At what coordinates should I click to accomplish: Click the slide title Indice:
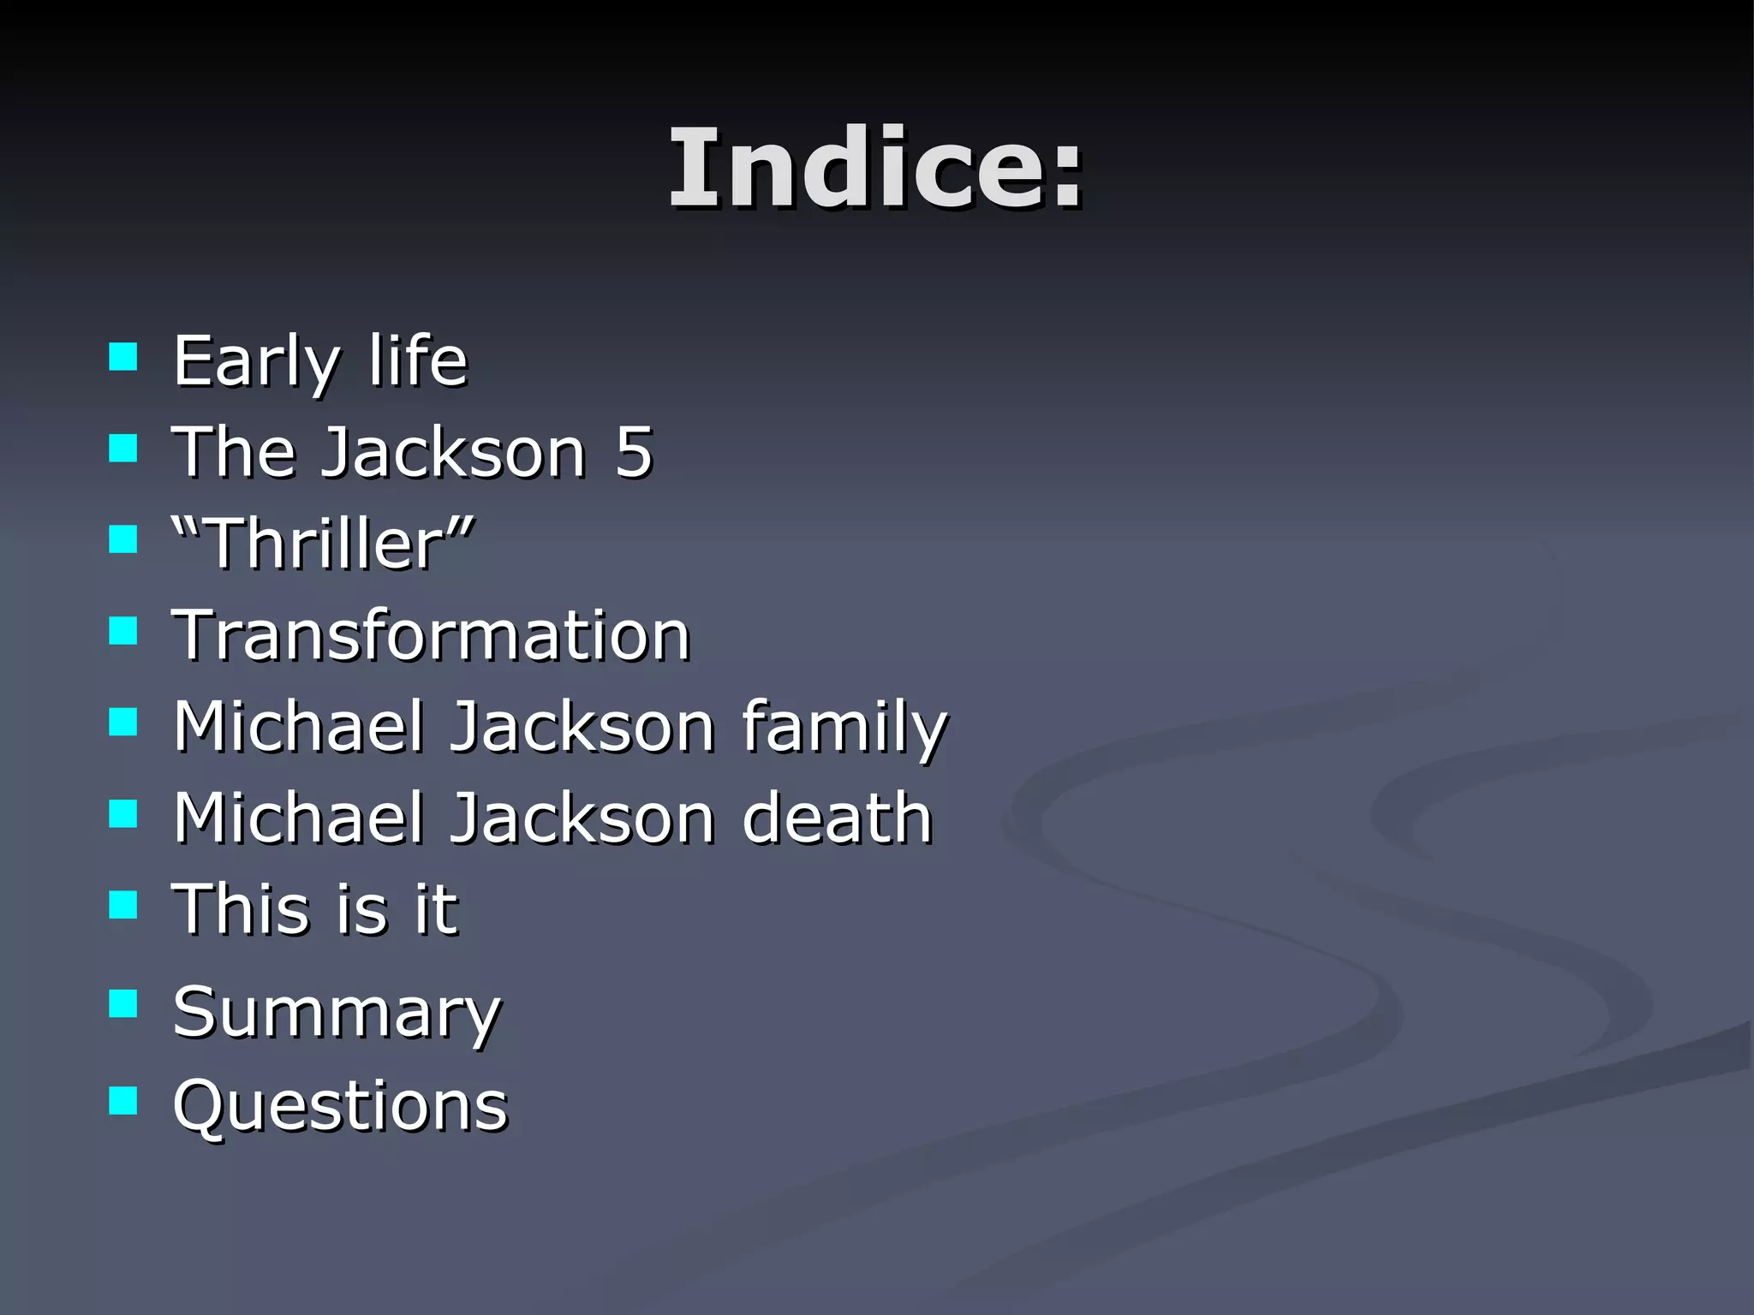875,168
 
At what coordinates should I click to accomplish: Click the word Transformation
432,635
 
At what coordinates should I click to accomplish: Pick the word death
837,818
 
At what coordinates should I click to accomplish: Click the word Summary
337,1014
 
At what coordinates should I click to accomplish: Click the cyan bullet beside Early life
123,356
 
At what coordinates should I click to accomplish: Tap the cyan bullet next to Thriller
123,539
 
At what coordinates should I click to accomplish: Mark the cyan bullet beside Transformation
123,631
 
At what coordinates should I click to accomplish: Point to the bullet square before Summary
123,1003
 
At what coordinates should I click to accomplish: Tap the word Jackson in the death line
582,818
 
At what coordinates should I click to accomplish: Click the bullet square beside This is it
123,904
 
